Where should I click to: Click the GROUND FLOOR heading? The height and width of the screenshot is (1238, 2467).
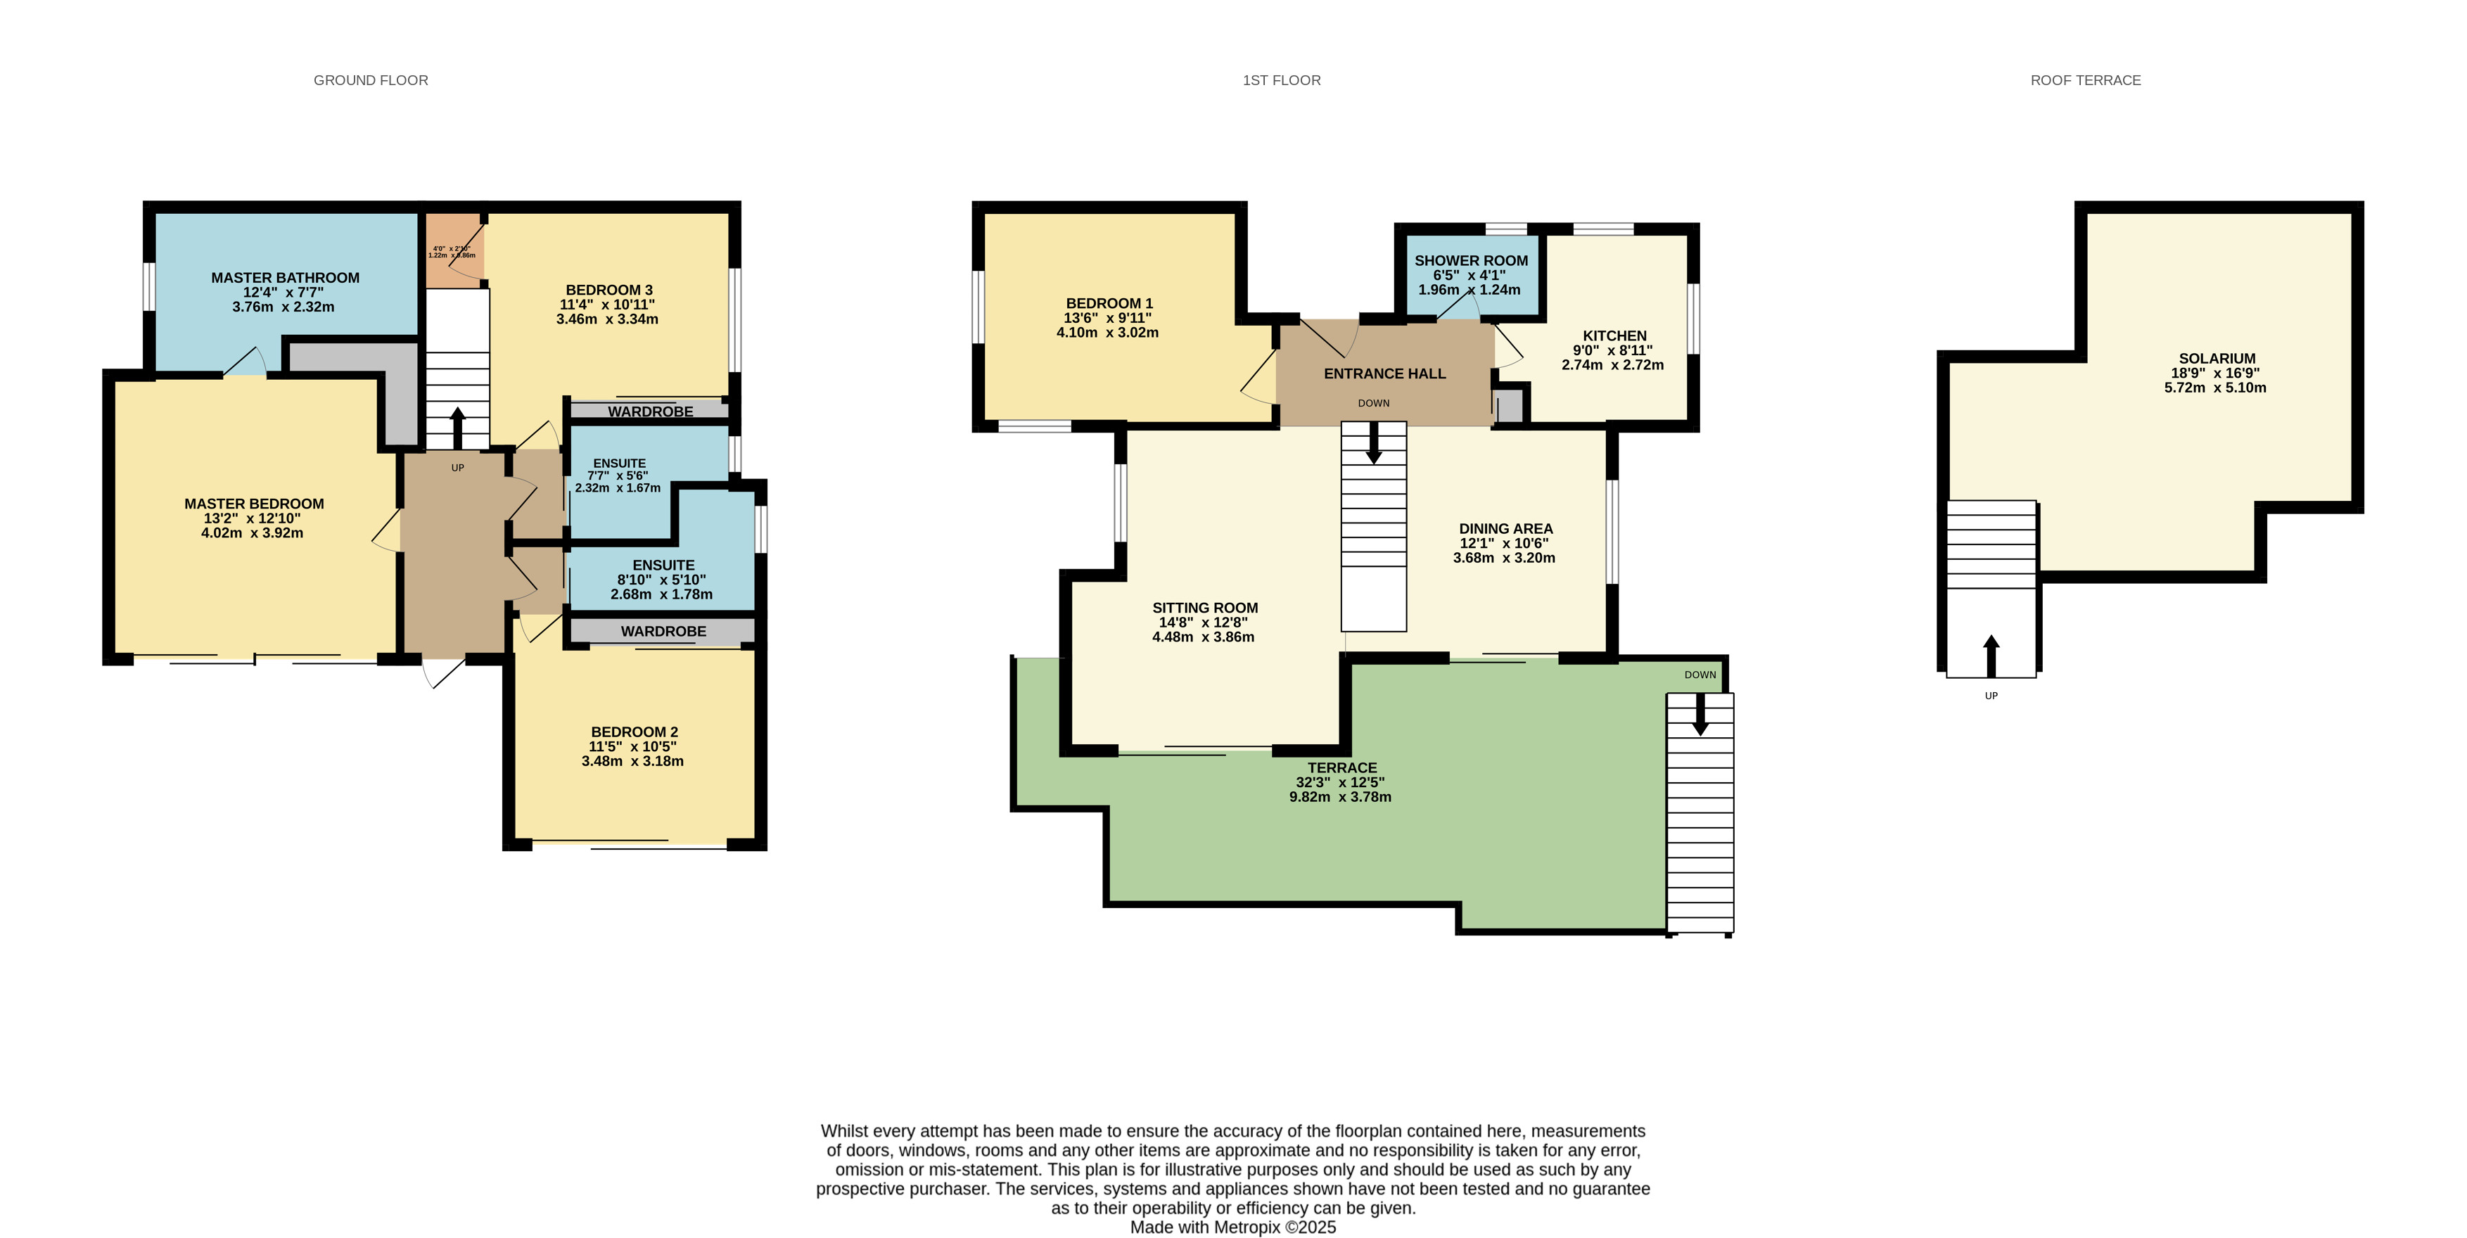(x=371, y=80)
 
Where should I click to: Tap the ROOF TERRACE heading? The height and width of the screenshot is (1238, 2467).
(x=2085, y=80)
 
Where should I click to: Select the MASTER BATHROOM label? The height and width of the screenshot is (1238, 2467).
(x=286, y=278)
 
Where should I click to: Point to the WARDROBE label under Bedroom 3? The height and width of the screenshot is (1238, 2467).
(x=650, y=411)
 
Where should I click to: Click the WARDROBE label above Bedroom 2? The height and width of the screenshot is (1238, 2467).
(x=663, y=631)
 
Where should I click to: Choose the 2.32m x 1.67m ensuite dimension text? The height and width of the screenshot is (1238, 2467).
(x=618, y=488)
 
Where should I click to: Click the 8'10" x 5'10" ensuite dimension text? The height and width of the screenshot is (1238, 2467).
(x=662, y=580)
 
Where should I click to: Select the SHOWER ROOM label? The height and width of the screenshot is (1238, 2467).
(x=1471, y=260)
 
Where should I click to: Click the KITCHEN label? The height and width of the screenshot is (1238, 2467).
(x=1614, y=335)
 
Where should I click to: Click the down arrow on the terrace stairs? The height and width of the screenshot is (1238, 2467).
(x=1700, y=714)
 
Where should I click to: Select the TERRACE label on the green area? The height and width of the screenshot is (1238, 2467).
(x=1341, y=768)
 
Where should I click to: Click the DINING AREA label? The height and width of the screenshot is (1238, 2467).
(x=1505, y=528)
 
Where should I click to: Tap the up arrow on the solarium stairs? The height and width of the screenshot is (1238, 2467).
(x=1991, y=655)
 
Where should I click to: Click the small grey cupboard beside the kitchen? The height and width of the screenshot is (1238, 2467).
(x=1510, y=406)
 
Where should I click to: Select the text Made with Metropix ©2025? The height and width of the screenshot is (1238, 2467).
(x=1232, y=1227)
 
